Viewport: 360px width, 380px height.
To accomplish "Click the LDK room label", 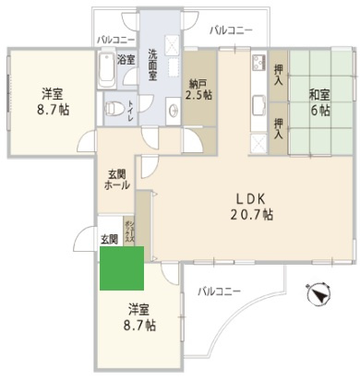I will (250, 197).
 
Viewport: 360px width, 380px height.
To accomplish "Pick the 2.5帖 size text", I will (198, 94).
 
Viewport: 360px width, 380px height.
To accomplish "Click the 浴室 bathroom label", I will (126, 60).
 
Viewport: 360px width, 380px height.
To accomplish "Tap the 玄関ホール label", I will (116, 179).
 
